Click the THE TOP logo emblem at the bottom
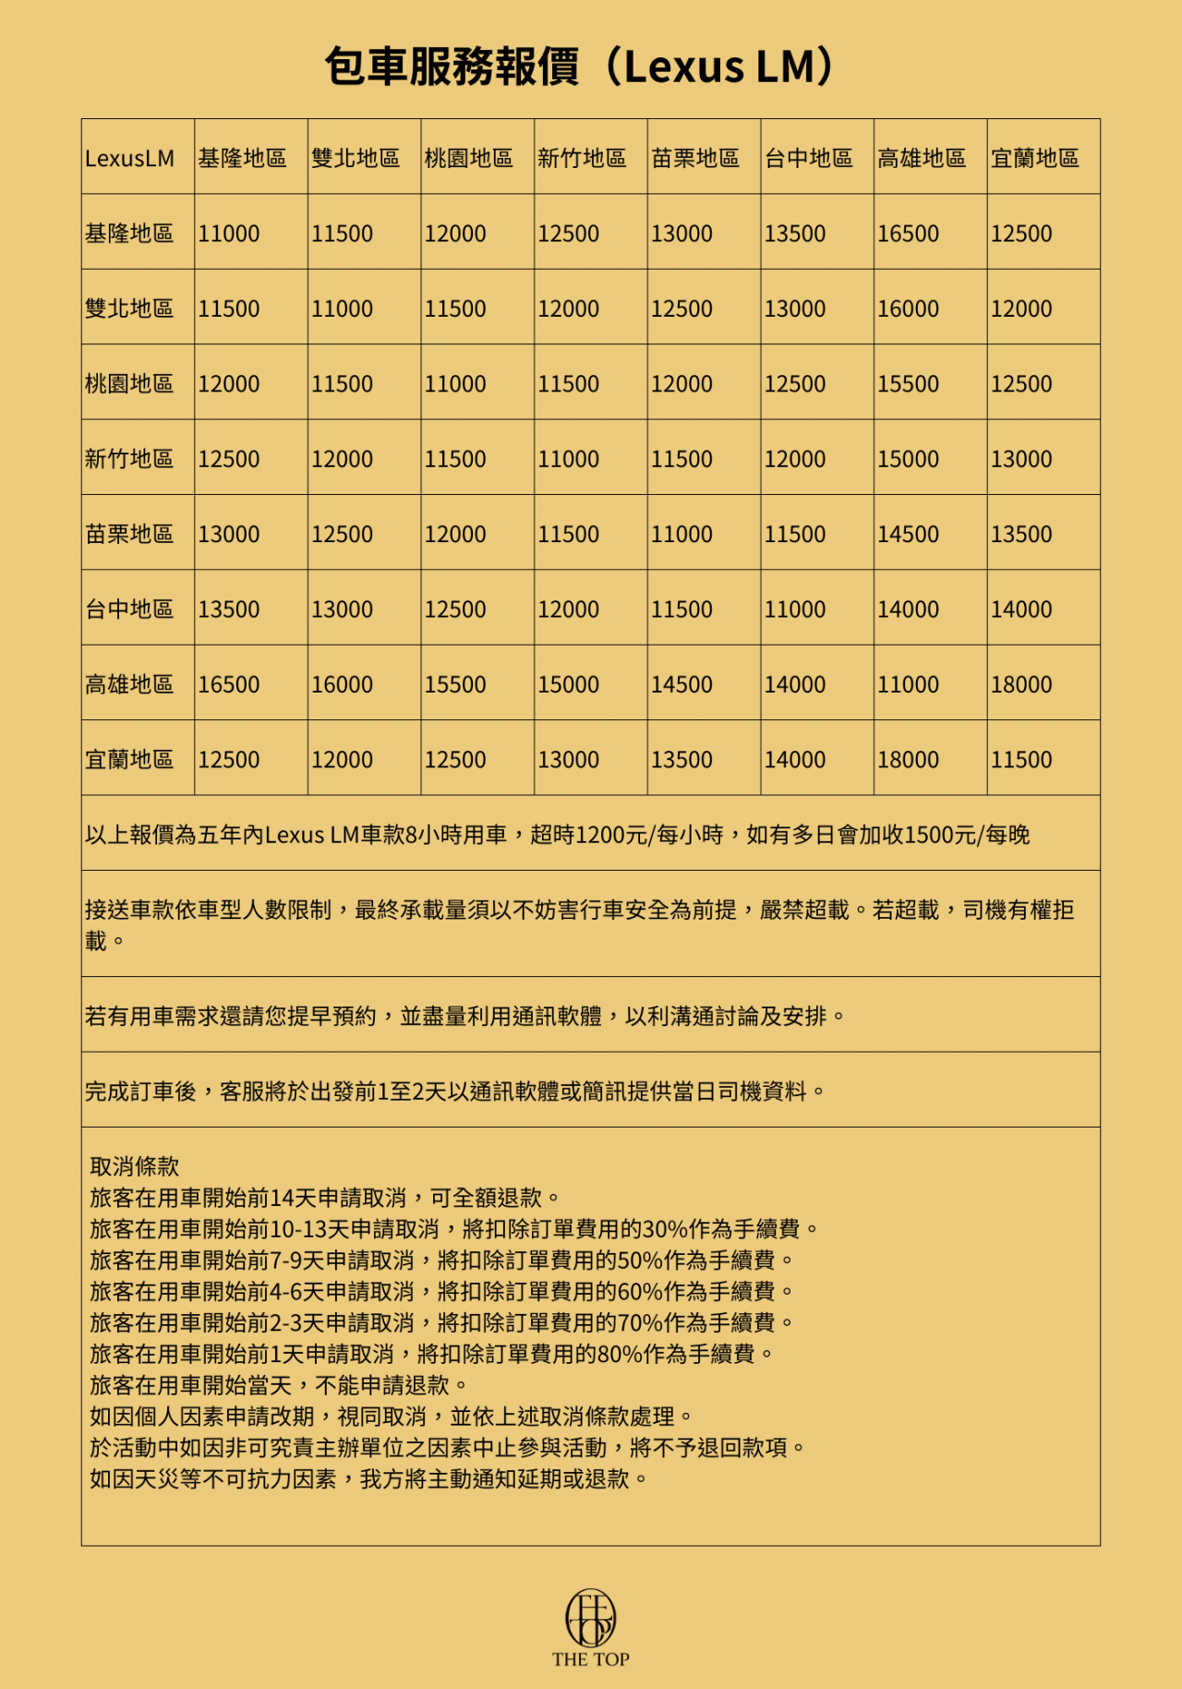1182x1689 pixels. (x=591, y=1618)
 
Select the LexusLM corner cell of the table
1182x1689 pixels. (x=129, y=159)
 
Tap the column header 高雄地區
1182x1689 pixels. (x=921, y=159)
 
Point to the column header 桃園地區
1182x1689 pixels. (x=468, y=159)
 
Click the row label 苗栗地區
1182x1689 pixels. (x=129, y=535)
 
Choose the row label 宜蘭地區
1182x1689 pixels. (x=129, y=760)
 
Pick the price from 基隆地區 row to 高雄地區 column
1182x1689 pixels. (x=908, y=235)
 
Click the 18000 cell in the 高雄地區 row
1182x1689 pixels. (x=1021, y=685)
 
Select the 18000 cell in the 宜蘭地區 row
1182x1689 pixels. (x=908, y=760)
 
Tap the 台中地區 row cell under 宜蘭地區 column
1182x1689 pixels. (x=1021, y=609)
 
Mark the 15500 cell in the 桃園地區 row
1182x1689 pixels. (x=908, y=384)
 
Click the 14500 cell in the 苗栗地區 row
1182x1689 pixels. (x=908, y=535)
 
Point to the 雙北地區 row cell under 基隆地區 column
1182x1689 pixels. (x=229, y=309)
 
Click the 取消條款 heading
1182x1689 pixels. (x=135, y=1167)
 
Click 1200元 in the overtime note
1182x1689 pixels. (x=609, y=836)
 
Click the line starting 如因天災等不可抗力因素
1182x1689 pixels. (x=369, y=1479)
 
